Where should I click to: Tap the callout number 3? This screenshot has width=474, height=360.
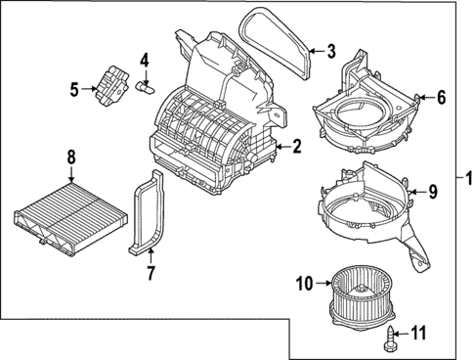pos(331,51)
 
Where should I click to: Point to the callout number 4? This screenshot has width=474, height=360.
pos(144,61)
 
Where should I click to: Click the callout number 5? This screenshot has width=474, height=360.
pos(74,91)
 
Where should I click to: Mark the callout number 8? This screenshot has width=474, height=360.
pos(70,156)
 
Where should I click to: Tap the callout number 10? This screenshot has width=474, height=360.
pos(302,285)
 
